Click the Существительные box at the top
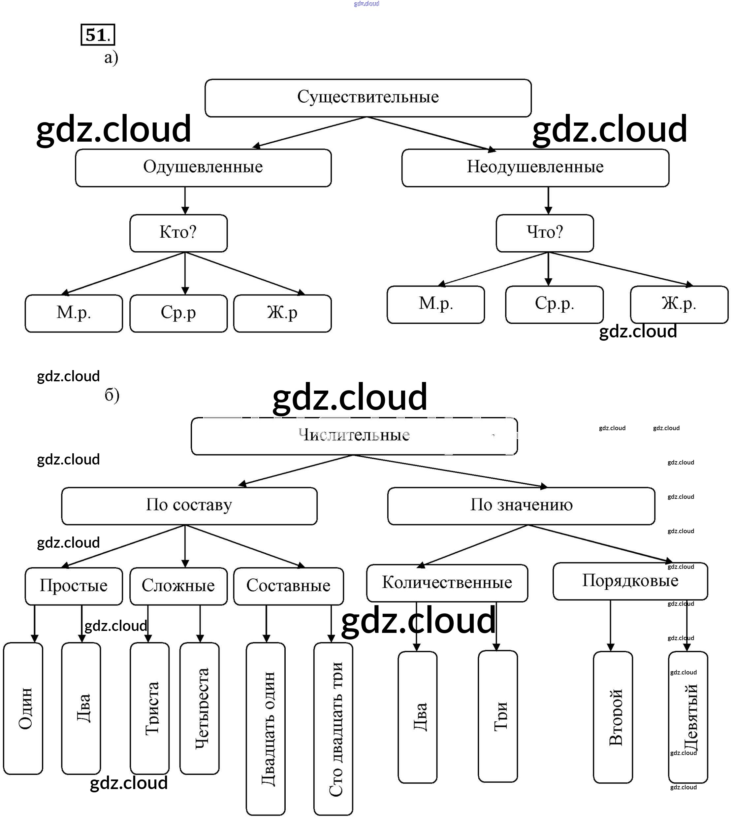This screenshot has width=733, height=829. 367,98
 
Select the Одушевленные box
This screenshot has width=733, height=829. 203,167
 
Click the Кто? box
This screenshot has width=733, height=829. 178,233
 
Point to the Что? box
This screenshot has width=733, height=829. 545,233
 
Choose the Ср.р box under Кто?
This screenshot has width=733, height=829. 178,313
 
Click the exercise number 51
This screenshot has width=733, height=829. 98,35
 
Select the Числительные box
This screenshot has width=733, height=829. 354,436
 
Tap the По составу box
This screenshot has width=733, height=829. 189,506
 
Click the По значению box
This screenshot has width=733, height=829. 521,506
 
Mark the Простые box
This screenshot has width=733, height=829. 74,586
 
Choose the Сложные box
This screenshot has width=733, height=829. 178,586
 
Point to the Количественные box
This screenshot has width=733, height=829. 447,583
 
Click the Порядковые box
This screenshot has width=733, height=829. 630,581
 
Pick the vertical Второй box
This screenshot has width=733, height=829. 613,717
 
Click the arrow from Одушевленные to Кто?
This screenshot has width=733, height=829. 185,200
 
